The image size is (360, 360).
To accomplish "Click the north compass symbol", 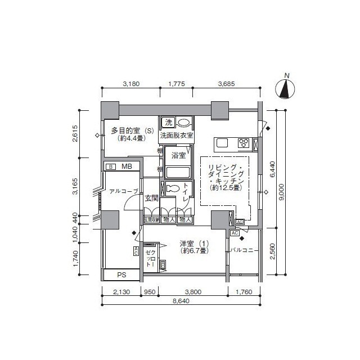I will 287,88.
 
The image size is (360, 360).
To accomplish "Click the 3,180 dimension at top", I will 131,84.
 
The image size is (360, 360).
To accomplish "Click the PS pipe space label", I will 121,275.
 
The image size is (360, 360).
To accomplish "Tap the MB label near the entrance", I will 127,166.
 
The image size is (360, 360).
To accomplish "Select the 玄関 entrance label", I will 151,198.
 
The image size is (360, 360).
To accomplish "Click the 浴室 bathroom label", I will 178,154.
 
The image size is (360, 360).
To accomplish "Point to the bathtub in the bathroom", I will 178,172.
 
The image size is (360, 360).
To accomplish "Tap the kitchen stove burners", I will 245,143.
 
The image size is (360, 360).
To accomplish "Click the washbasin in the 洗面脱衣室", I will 183,123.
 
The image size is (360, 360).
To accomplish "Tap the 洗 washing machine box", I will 168,123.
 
